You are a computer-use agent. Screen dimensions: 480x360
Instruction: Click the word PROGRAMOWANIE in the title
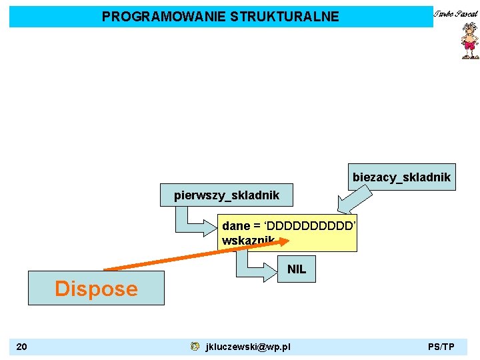click(163, 17)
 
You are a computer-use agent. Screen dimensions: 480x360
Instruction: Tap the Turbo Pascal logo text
click(457, 13)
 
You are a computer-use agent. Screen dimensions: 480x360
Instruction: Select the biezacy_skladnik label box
click(401, 177)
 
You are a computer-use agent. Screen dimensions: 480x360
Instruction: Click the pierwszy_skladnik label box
click(227, 195)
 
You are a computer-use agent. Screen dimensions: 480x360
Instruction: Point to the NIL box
click(297, 269)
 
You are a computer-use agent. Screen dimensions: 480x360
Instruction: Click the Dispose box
click(96, 288)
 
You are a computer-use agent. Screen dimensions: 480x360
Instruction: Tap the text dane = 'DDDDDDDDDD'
click(289, 226)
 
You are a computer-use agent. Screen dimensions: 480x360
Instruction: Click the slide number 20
click(22, 347)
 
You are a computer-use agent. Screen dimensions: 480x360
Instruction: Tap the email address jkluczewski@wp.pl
click(248, 347)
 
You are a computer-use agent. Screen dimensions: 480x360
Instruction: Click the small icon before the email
click(194, 347)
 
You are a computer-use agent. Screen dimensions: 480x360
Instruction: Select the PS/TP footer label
click(441, 347)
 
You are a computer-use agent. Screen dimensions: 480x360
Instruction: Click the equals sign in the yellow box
click(257, 226)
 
